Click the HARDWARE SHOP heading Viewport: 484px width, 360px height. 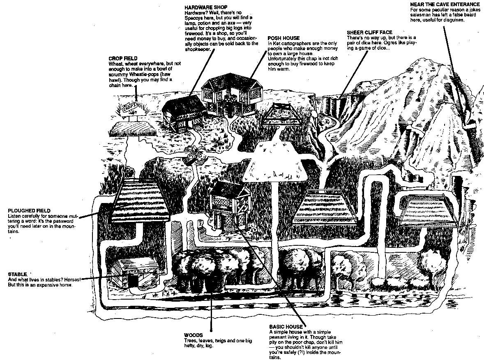[201, 7]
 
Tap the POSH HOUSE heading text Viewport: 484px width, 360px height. [283, 38]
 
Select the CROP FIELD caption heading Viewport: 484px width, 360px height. [123, 59]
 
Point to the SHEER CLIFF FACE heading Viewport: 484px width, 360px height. [369, 32]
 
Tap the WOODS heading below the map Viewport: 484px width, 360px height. [193, 335]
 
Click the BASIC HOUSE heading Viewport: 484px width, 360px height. [286, 327]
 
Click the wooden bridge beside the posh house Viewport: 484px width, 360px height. [280, 115]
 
